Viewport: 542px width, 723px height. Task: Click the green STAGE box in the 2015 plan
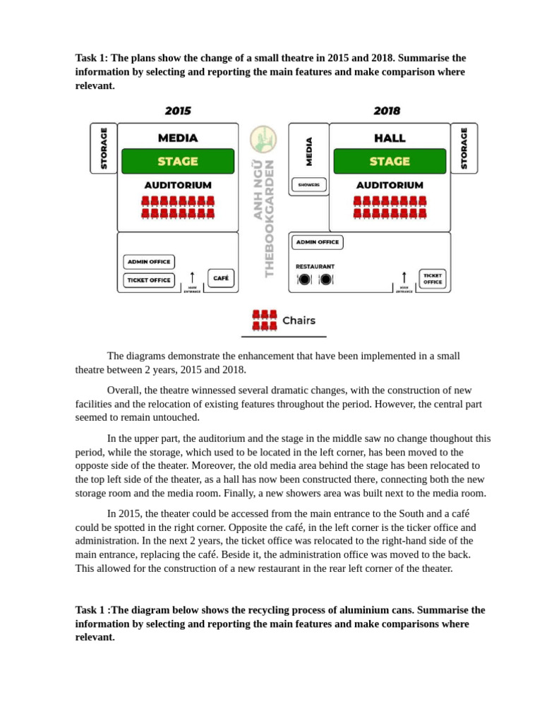coord(177,161)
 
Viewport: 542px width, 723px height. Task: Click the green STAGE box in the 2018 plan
coord(390,161)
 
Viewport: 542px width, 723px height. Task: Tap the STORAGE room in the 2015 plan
coord(104,148)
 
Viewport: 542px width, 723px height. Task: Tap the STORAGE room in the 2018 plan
coord(464,148)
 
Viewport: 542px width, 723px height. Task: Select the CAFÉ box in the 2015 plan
coord(221,278)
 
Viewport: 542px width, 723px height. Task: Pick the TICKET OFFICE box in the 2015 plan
coord(149,280)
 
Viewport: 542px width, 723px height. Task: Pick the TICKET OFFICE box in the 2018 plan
coord(433,278)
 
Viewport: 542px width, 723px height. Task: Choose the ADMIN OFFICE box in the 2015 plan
coord(148,261)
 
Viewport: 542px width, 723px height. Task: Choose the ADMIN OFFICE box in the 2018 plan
coord(318,241)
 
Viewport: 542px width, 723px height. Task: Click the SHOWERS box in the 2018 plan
coord(308,185)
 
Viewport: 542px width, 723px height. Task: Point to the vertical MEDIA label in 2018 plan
coord(308,151)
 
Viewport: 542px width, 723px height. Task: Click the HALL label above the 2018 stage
coord(390,138)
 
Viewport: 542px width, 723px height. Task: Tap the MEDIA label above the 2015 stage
coord(178,138)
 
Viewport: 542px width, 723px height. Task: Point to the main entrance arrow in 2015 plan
coord(192,277)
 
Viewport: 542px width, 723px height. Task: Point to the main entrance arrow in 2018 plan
coord(404,277)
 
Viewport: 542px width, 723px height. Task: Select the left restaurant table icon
coord(304,279)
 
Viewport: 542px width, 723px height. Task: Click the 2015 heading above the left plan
coord(178,111)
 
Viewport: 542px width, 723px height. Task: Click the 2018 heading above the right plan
coord(387,111)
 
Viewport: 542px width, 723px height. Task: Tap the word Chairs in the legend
coord(299,321)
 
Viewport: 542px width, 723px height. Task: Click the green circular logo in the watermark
coord(264,138)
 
